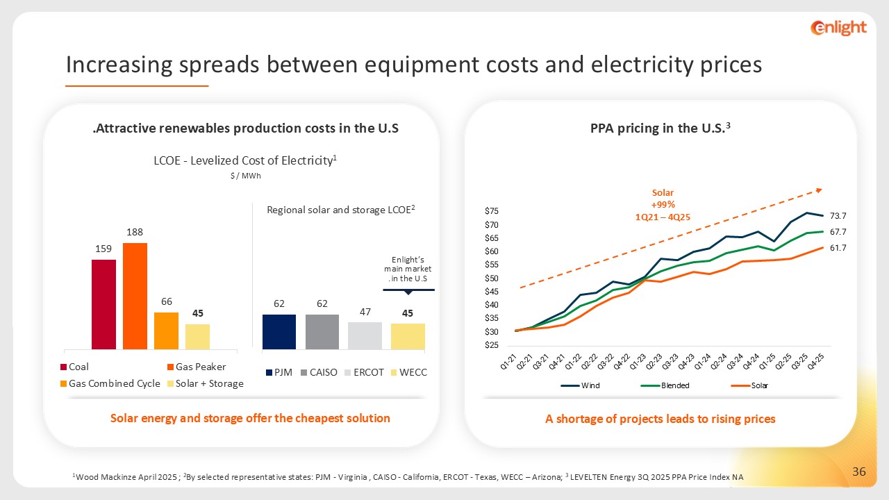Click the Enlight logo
(x=839, y=28)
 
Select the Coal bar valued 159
(x=103, y=304)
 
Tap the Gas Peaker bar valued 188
(x=135, y=296)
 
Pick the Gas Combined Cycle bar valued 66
(x=166, y=331)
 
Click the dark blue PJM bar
(x=279, y=331)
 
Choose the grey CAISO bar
(x=322, y=331)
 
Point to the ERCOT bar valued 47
(x=365, y=335)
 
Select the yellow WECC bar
(x=408, y=336)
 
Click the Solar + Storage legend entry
(x=205, y=383)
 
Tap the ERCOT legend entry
(x=363, y=372)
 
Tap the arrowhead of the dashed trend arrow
(x=820, y=189)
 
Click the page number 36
(x=858, y=472)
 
